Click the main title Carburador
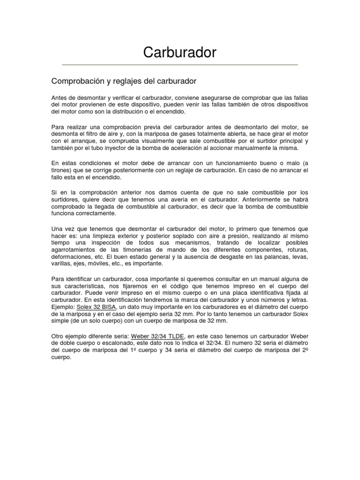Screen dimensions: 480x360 180,52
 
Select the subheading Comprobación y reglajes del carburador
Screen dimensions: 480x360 123,81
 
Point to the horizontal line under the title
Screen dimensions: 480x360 180,64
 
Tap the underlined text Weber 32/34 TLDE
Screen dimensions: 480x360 158,336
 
